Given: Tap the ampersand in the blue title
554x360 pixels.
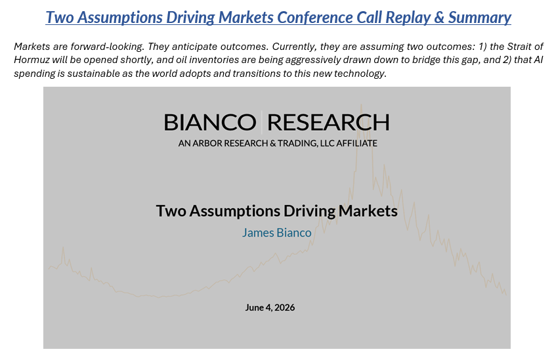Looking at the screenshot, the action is tap(439, 17).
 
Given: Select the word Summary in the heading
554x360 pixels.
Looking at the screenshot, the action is tap(479, 18).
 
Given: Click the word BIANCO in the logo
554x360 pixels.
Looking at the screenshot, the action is tap(210, 122).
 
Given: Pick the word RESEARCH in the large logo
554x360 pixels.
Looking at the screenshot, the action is tap(328, 122).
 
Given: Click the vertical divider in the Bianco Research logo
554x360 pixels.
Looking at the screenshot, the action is tap(262, 122).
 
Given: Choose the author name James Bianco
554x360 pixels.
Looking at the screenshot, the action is tap(276, 233).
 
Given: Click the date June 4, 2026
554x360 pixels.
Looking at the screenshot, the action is tap(270, 307).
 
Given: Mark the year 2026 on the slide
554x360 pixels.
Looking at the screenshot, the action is tap(284, 307).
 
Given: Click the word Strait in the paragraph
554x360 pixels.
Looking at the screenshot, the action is tap(519, 47).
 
